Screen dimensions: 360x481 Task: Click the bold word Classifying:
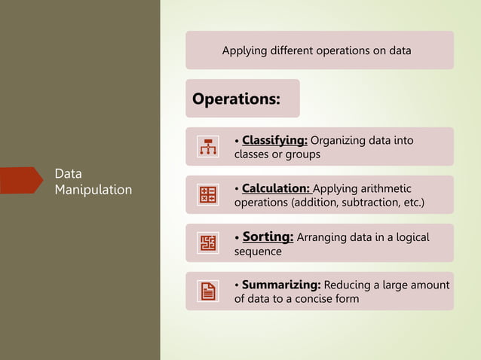274,140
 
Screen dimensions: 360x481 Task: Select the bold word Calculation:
276,188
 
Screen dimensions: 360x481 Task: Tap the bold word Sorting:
268,236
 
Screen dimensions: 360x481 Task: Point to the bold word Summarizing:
281,285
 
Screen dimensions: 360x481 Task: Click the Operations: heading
236,99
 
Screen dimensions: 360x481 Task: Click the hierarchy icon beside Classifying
207,147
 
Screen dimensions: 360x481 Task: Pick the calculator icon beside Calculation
207,195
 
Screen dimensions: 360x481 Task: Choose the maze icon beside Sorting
207,243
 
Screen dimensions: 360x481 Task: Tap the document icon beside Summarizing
207,291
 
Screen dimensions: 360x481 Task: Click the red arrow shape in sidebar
20,181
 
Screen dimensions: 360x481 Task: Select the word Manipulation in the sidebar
93,190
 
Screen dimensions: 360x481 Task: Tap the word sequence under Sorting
258,252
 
